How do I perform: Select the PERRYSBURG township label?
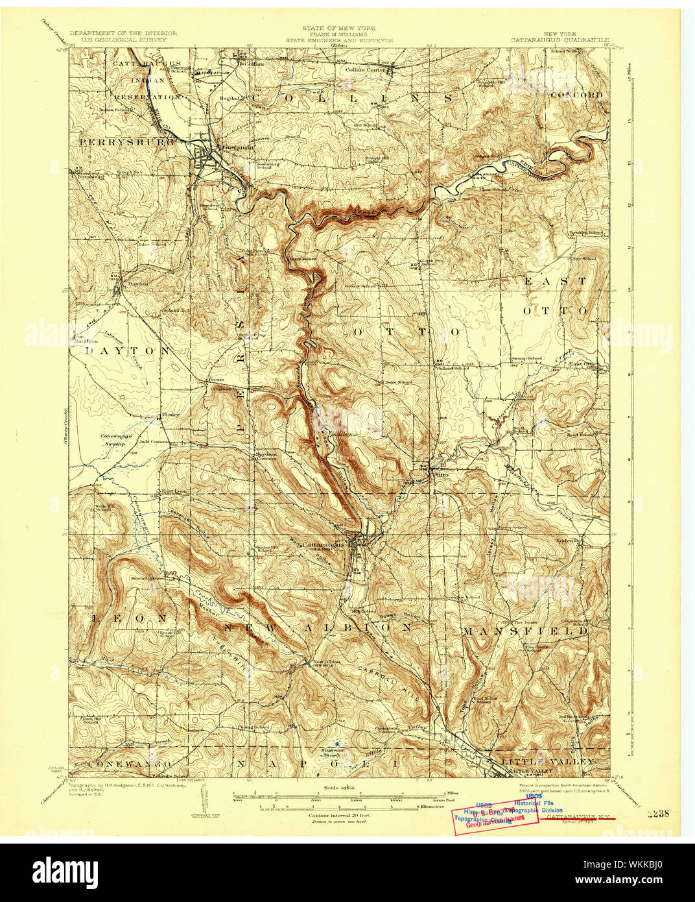pos(127,141)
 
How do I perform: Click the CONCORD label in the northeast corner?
pos(576,95)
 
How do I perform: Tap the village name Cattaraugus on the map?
pos(324,545)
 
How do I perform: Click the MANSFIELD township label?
pos(526,630)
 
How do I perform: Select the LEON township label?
pos(123,618)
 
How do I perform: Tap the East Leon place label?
pos(174,491)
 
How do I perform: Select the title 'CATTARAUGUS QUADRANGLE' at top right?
pos(559,40)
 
